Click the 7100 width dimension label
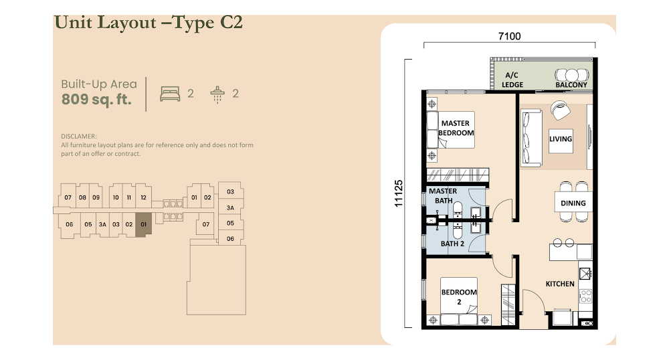[509, 36]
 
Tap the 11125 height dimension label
[399, 193]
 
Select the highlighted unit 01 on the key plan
[143, 224]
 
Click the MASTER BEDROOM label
[456, 128]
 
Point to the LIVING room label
[561, 139]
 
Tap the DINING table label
[573, 203]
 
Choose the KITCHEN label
[560, 284]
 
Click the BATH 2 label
[452, 244]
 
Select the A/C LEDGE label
[512, 80]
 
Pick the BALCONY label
[571, 85]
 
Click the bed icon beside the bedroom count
[170, 94]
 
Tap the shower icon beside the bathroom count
[217, 95]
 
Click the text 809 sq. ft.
[96, 100]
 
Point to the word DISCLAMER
[79, 137]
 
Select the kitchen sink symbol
[585, 273]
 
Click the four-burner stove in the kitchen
[586, 296]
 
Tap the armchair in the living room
[560, 110]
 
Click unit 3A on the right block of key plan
[230, 207]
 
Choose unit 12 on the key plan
[143, 197]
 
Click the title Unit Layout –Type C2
[149, 23]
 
